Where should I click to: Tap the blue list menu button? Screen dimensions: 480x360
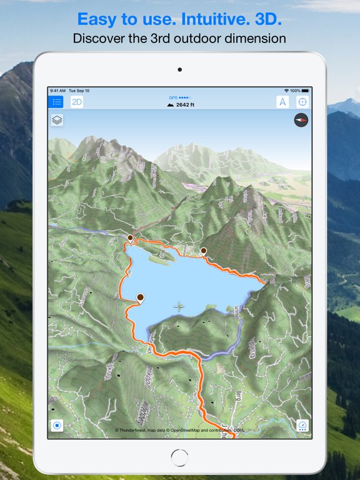pos(56,102)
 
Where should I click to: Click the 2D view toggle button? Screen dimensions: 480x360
pos(77,102)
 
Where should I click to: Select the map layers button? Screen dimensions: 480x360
pos(57,120)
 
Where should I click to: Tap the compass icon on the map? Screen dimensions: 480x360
pos(301,120)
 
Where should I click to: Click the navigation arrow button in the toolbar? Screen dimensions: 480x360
pos(282,102)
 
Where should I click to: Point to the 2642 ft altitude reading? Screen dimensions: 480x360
pos(181,105)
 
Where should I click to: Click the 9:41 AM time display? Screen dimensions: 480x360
pos(58,91)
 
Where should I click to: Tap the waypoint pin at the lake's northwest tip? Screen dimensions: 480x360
pos(130,237)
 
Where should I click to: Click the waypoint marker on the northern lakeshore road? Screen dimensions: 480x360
pos(203,251)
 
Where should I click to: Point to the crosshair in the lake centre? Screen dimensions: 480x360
pos(179,306)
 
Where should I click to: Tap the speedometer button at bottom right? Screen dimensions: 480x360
pos(302,426)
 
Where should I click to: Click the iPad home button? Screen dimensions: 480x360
pos(179,457)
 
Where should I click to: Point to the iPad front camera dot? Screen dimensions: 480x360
pos(179,69)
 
